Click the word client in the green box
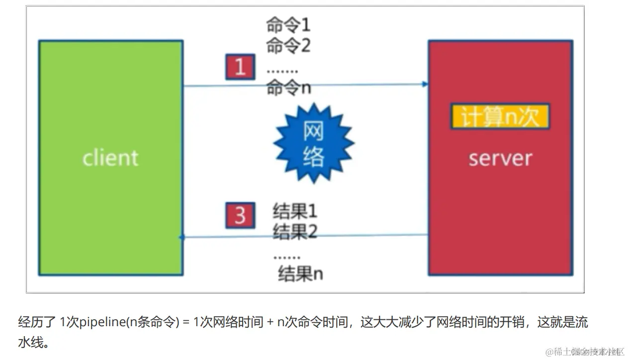pyautogui.click(x=110, y=158)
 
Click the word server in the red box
pyautogui.click(x=500, y=158)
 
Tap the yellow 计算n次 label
pyautogui.click(x=500, y=117)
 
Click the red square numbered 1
pyautogui.click(x=240, y=67)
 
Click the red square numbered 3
pyautogui.click(x=240, y=215)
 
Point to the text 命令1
pyautogui.click(x=288, y=25)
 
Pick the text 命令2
pyautogui.click(x=288, y=45)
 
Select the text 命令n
pyautogui.click(x=288, y=88)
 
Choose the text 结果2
pyautogui.click(x=295, y=231)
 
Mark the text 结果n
pyautogui.click(x=300, y=274)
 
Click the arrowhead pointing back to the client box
pyautogui.click(x=182, y=237)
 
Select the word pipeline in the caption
pyautogui.click(x=102, y=322)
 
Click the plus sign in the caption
pyautogui.click(x=270, y=322)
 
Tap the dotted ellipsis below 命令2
pyautogui.click(x=282, y=71)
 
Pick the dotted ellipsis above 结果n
pyautogui.click(x=287, y=257)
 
